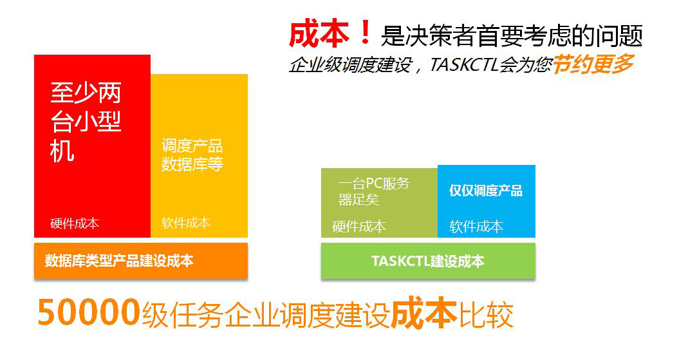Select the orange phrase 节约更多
point(593,64)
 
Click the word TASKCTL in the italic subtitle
point(464,65)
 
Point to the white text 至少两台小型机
point(86,122)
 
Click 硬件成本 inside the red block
point(75,223)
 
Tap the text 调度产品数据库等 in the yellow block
point(192,155)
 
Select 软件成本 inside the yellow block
point(185,223)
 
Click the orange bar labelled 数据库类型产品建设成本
point(141,261)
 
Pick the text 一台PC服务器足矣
point(374,191)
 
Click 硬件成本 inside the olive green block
point(359,227)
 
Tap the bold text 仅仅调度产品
point(486,191)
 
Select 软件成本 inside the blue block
point(476,227)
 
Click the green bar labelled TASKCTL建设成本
point(428,261)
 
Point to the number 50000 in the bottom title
point(89,312)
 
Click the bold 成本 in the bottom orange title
point(424,313)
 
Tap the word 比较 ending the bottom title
point(486,314)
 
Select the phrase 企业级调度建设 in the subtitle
point(350,65)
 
